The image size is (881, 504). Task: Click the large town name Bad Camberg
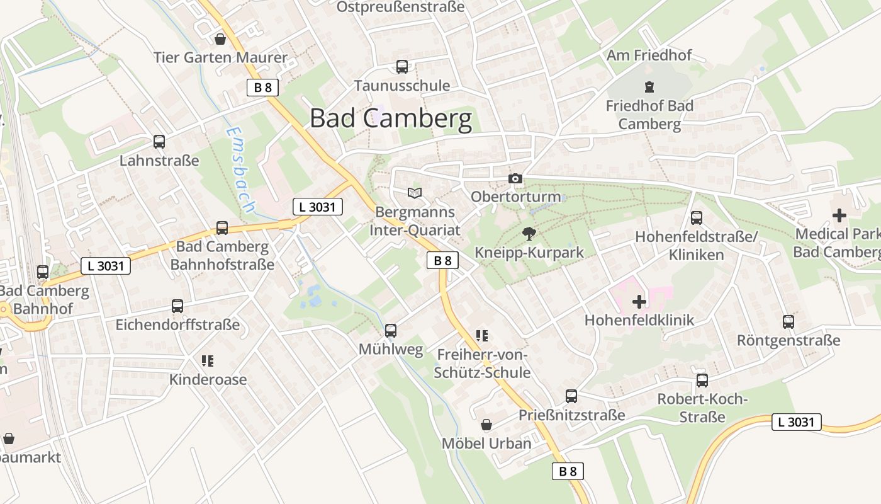391,118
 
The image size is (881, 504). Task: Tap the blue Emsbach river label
239,169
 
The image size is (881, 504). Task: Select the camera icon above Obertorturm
515,179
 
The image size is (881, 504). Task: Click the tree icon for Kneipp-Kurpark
529,234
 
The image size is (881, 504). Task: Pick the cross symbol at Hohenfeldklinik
639,302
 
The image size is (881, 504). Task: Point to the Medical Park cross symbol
839,215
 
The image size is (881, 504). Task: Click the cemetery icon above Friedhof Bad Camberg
649,87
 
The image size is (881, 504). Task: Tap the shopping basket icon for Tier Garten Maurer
220,39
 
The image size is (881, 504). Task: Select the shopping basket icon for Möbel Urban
486,425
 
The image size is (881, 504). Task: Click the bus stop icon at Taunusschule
401,67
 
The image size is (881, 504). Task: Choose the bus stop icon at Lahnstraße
159,142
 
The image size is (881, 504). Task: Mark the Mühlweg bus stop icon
390,331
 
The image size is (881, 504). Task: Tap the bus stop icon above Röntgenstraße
788,322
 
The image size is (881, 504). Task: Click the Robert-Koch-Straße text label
702,408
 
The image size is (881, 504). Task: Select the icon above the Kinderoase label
208,361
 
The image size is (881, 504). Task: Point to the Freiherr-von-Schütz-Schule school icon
482,336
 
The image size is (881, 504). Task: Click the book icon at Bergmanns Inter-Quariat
414,193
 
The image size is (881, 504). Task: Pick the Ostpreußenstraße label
400,8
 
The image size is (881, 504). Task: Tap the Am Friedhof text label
649,55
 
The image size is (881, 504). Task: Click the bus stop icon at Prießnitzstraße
571,396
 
